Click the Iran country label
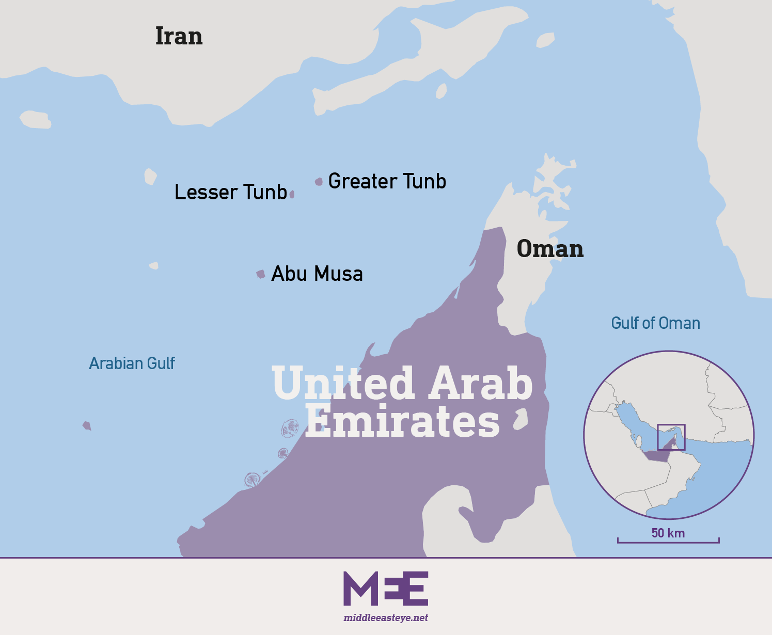[179, 36]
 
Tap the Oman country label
[550, 248]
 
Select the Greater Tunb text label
[387, 181]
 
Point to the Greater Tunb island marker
[319, 181]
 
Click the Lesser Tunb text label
[230, 192]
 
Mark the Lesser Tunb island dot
[292, 194]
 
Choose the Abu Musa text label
[317, 274]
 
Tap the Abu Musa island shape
[261, 274]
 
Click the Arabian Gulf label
[132, 363]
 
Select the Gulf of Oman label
[655, 323]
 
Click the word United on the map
[343, 383]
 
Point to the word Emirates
[402, 421]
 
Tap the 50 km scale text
[668, 533]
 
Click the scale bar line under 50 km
[668, 542]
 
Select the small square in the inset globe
[671, 437]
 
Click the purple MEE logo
[386, 588]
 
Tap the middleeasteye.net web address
[386, 617]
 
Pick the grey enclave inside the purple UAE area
[521, 419]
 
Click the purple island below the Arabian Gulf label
[87, 426]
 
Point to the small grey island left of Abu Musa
[154, 265]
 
